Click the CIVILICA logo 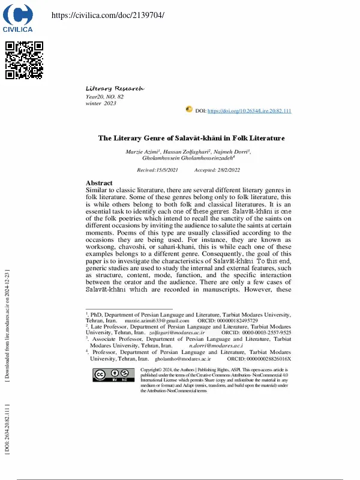pyautogui.click(x=18, y=18)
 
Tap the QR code pyautogui.click(x=24, y=61)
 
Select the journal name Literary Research pyautogui.click(x=115, y=88)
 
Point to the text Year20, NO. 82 pyautogui.click(x=105, y=97)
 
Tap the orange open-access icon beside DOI pyautogui.click(x=189, y=110)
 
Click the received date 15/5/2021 pyautogui.click(x=158, y=170)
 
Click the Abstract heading pyautogui.click(x=99, y=183)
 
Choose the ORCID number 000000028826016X pyautogui.click(x=268, y=359)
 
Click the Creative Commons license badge pyautogui.click(x=114, y=375)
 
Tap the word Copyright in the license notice pyautogui.click(x=151, y=370)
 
